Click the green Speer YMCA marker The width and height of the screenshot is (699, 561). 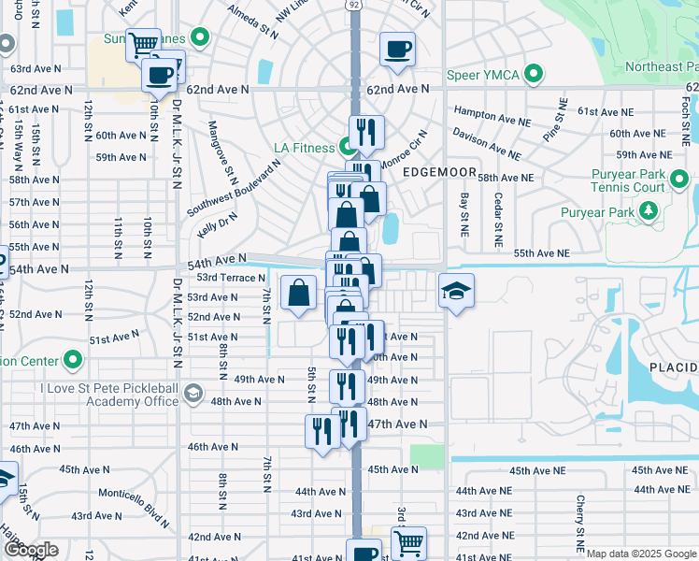[534, 73]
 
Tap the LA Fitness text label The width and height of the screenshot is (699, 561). [304, 148]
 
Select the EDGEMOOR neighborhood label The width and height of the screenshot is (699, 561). [434, 172]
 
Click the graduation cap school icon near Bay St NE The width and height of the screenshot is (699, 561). [456, 292]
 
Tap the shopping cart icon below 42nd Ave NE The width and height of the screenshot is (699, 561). [408, 541]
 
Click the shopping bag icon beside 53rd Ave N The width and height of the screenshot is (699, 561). [298, 293]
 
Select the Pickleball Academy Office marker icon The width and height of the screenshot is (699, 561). [193, 394]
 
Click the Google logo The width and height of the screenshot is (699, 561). [32, 550]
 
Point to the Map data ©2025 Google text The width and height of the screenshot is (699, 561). [640, 554]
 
